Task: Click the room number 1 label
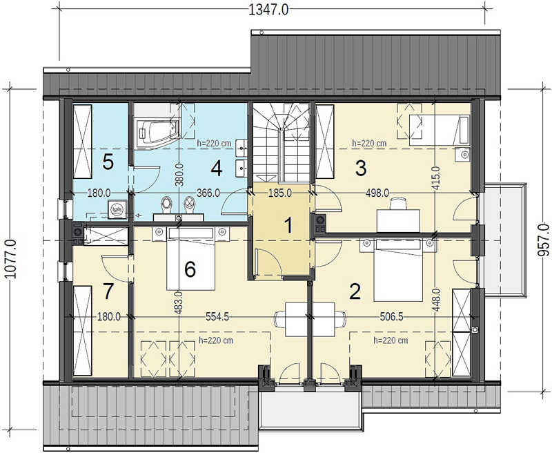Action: pyautogui.click(x=288, y=225)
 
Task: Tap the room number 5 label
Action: pyautogui.click(x=108, y=162)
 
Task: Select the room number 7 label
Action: pyautogui.click(x=108, y=291)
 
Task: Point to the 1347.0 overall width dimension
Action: pyautogui.click(x=268, y=10)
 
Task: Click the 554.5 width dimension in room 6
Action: pyautogui.click(x=217, y=317)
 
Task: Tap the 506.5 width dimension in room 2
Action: pyautogui.click(x=391, y=317)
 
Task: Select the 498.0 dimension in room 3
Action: pyautogui.click(x=377, y=193)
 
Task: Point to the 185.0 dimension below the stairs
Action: pyautogui.click(x=280, y=193)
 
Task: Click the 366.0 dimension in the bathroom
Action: pyautogui.click(x=208, y=193)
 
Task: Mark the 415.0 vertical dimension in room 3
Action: pyautogui.click(x=436, y=178)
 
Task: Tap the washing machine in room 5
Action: pyautogui.click(x=117, y=209)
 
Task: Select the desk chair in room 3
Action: pyautogui.click(x=399, y=203)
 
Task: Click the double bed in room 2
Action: pyautogui.click(x=398, y=270)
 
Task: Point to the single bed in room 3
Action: pyautogui.click(x=439, y=131)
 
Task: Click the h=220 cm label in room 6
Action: pyautogui.click(x=216, y=340)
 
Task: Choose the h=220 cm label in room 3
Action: pyautogui.click(x=369, y=144)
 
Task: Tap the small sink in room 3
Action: pyautogui.click(x=462, y=155)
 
